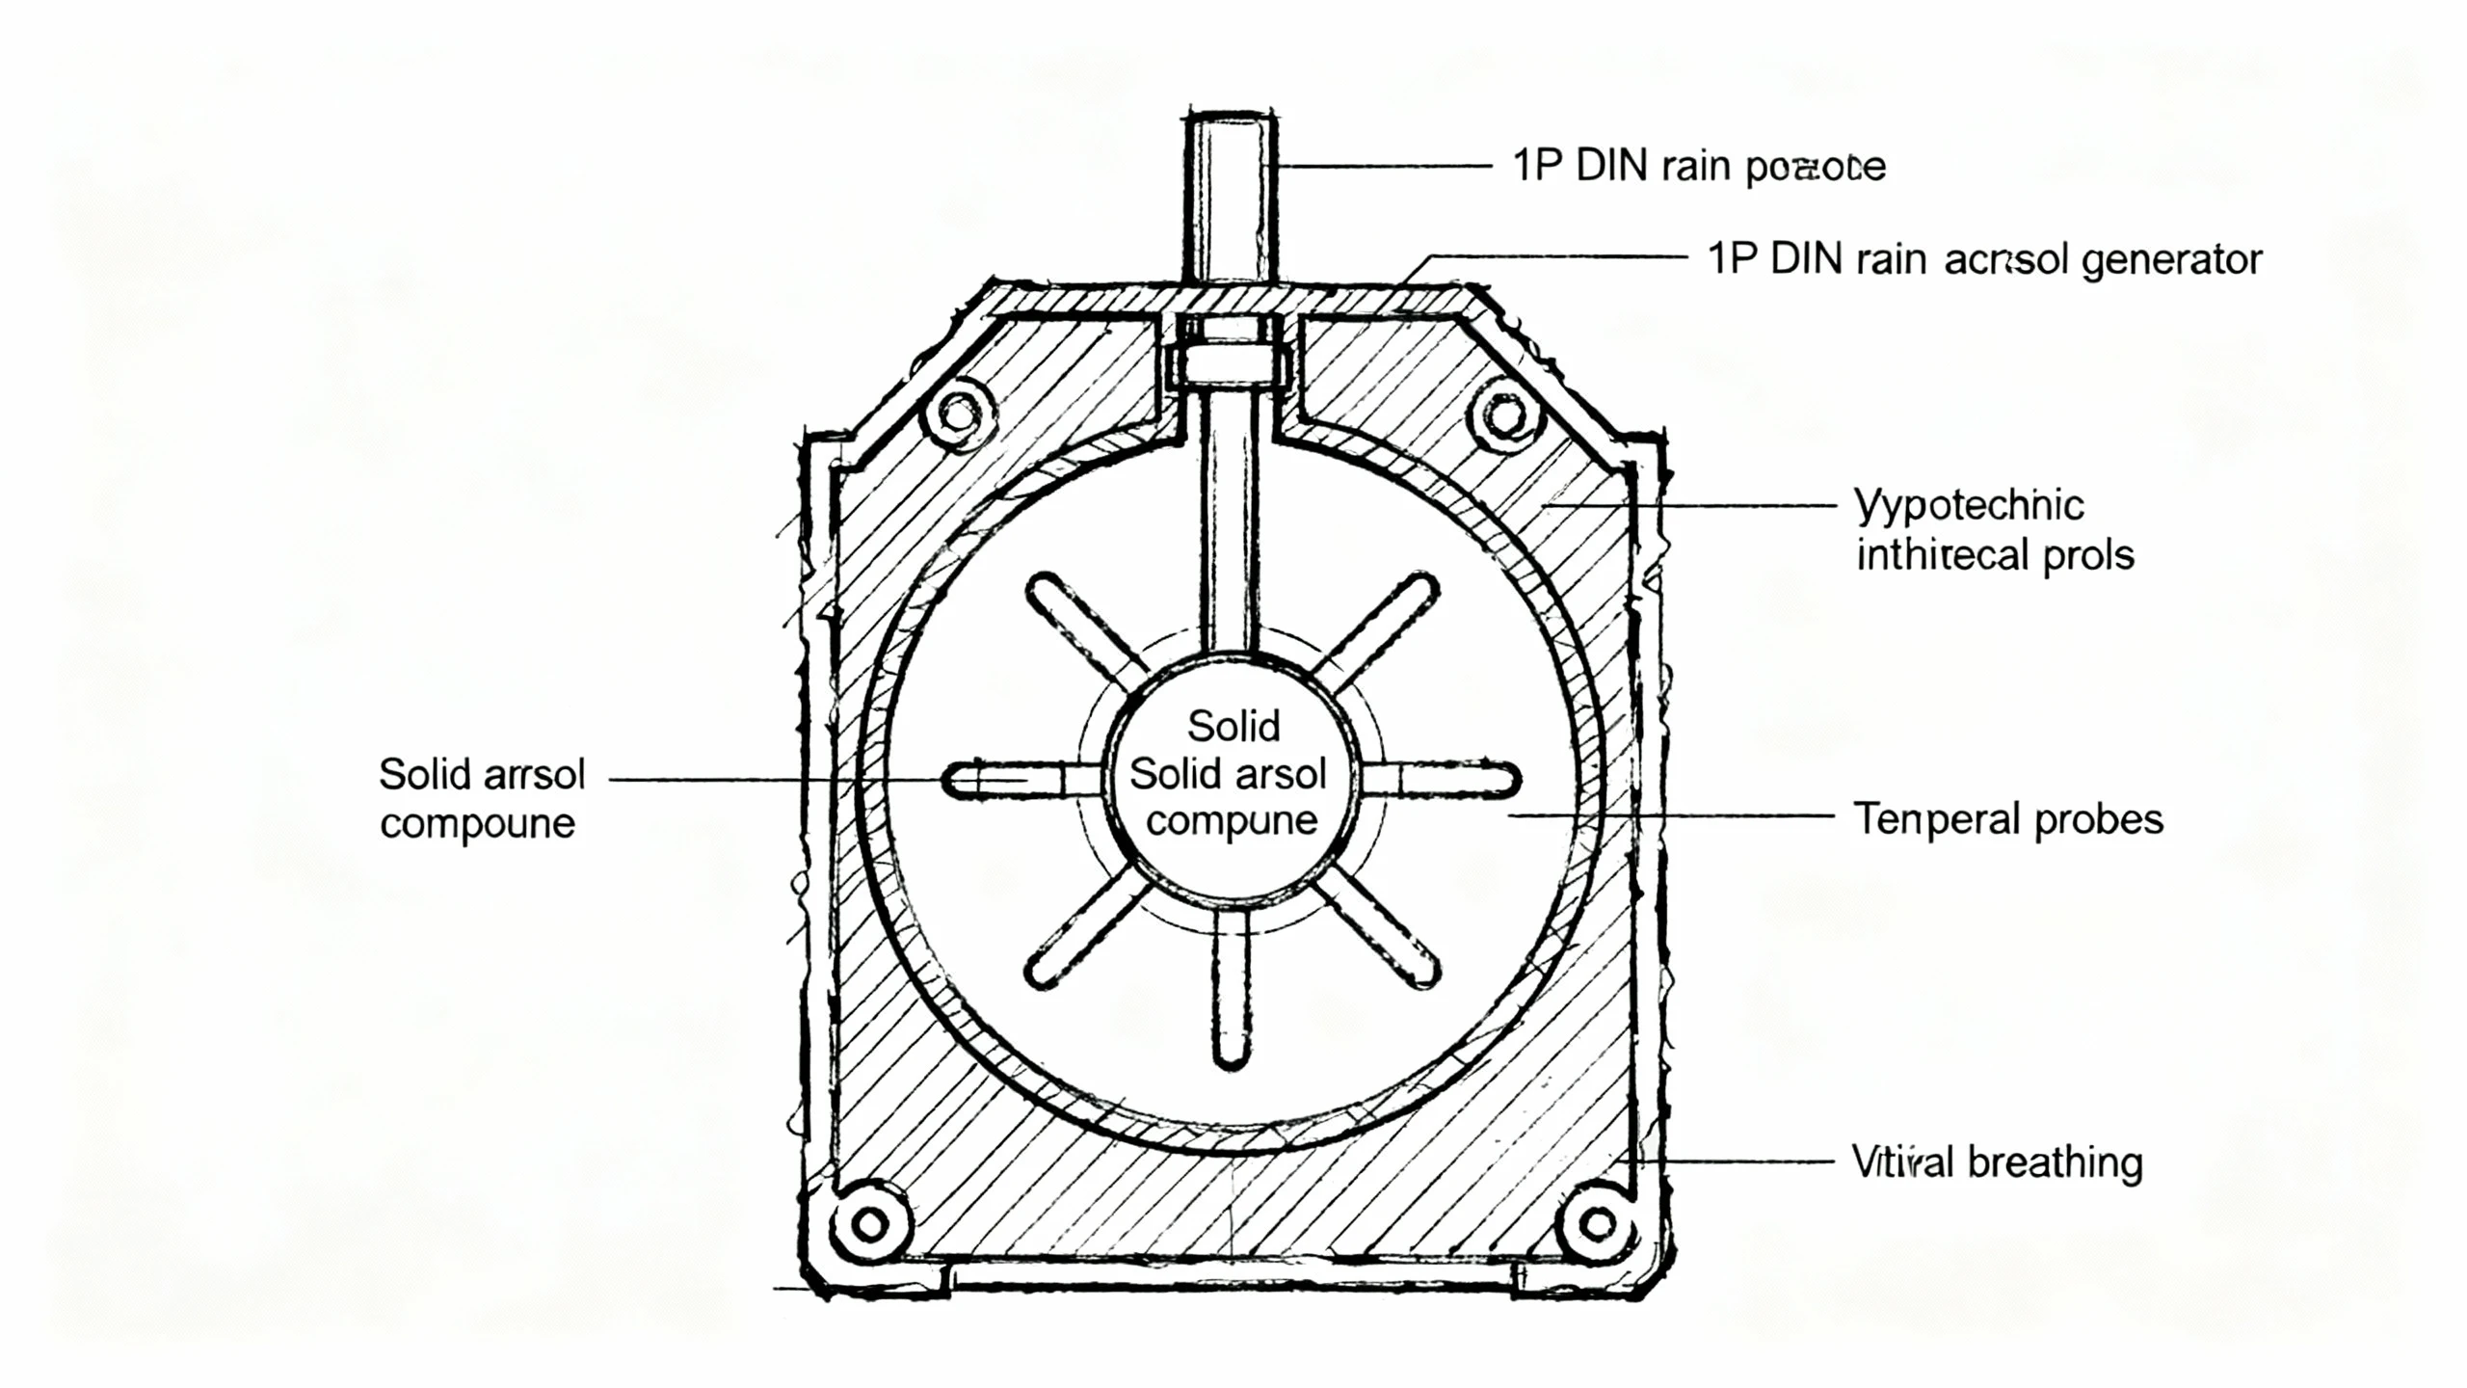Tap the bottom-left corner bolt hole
(870, 1225)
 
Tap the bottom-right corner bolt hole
(1598, 1225)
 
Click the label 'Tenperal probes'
(2008, 820)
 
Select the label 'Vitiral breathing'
(1997, 1162)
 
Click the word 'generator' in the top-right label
(2171, 260)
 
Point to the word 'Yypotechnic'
(1969, 505)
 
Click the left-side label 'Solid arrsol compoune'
(481, 798)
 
